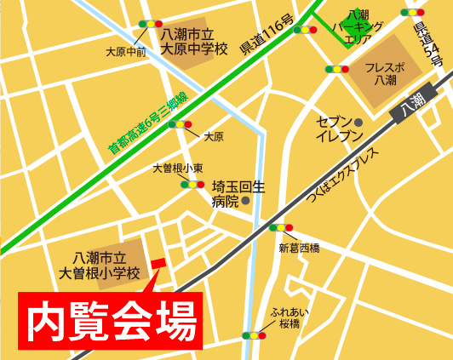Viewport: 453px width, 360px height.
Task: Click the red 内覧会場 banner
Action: tap(111, 321)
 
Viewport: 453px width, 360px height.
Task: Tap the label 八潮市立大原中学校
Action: tap(194, 41)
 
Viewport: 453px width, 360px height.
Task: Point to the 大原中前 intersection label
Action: tap(125, 52)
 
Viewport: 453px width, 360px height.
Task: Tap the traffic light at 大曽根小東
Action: tap(192, 184)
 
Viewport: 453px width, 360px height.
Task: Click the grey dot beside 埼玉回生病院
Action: tap(246, 201)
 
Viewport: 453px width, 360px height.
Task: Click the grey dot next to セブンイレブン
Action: tap(358, 123)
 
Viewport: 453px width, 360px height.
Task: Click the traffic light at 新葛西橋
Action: tap(280, 227)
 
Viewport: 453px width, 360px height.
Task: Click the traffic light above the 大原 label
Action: tap(181, 124)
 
